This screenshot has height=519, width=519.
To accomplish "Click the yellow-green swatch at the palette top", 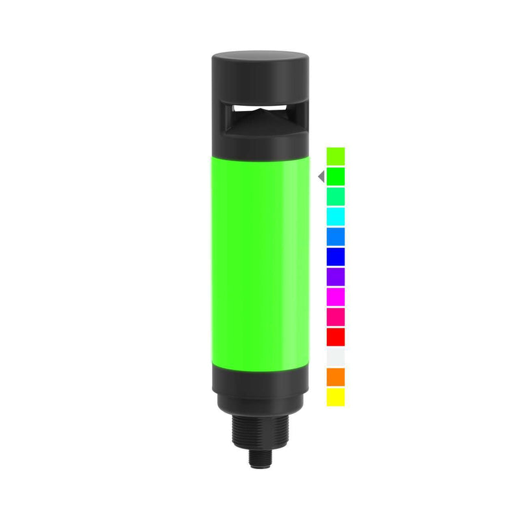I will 335,156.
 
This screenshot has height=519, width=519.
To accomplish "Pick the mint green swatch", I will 335,197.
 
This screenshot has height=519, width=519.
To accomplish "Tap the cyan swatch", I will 335,217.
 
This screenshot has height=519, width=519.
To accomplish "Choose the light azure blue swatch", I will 335,236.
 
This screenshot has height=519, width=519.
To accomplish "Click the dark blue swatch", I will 335,256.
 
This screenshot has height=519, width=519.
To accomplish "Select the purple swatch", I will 335,276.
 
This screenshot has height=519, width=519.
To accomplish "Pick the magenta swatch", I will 335,296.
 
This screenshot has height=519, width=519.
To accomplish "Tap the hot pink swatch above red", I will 335,317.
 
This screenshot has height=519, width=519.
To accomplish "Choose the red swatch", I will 335,337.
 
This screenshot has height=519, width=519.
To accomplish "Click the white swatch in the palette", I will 335,357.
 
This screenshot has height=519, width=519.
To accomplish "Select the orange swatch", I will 335,377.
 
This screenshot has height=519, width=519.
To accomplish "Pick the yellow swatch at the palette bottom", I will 335,397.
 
